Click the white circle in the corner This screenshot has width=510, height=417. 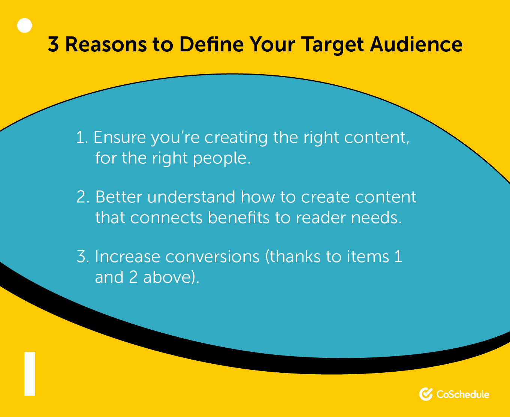point(25,25)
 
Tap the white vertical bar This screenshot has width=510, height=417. point(30,373)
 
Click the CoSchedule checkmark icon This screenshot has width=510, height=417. point(426,394)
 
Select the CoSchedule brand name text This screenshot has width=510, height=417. point(463,394)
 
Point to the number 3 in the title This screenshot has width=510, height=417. point(53,45)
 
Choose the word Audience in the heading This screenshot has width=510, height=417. point(416,45)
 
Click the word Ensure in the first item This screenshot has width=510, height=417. point(120,137)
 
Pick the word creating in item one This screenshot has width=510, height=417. point(236,138)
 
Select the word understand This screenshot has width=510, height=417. point(191,197)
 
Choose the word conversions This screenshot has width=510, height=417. point(212,256)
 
